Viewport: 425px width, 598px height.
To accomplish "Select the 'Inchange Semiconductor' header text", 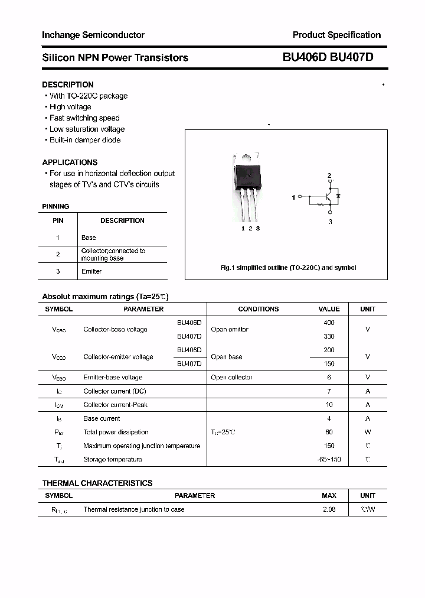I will pos(93,35).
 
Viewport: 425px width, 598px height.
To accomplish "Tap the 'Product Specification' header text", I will pos(336,35).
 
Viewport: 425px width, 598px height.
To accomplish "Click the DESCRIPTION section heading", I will pos(67,84).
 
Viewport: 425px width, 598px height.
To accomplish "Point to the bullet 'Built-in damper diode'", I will pos(84,140).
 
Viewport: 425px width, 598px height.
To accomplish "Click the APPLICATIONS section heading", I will pos(70,162).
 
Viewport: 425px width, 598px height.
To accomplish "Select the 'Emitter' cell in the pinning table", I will pos(91,271).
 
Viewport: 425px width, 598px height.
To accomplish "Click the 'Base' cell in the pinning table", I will pos(89,238).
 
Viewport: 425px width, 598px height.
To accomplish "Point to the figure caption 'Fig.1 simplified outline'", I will pos(288,268).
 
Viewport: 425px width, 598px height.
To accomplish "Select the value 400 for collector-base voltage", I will pos(329,323).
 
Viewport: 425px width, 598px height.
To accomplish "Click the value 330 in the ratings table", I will pos(329,336).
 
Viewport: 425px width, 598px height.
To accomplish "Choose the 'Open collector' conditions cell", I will pos(231,377).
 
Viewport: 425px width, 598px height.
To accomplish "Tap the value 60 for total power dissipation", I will pos(329,432).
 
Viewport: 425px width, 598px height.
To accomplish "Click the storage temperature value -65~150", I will pos(329,459).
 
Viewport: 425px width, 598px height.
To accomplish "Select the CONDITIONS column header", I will pos(258,309).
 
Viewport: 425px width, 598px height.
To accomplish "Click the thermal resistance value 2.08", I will pos(329,509).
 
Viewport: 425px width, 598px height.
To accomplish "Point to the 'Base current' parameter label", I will pos(102,418).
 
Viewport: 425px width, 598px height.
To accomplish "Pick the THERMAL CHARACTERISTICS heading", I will pos(97,483).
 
